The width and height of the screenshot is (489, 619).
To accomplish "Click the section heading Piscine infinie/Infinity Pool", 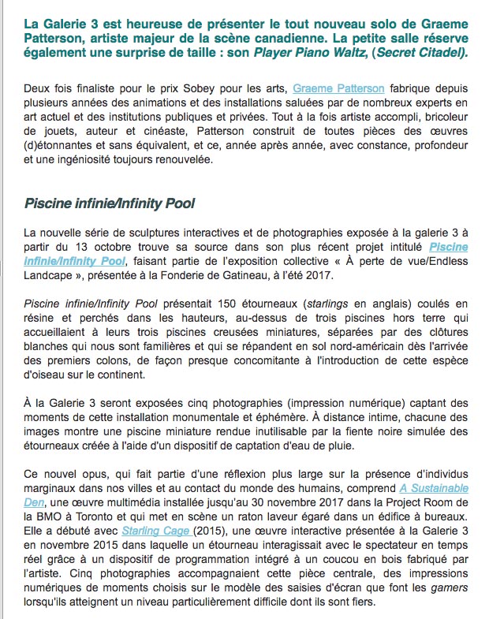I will pyautogui.click(x=110, y=204).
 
